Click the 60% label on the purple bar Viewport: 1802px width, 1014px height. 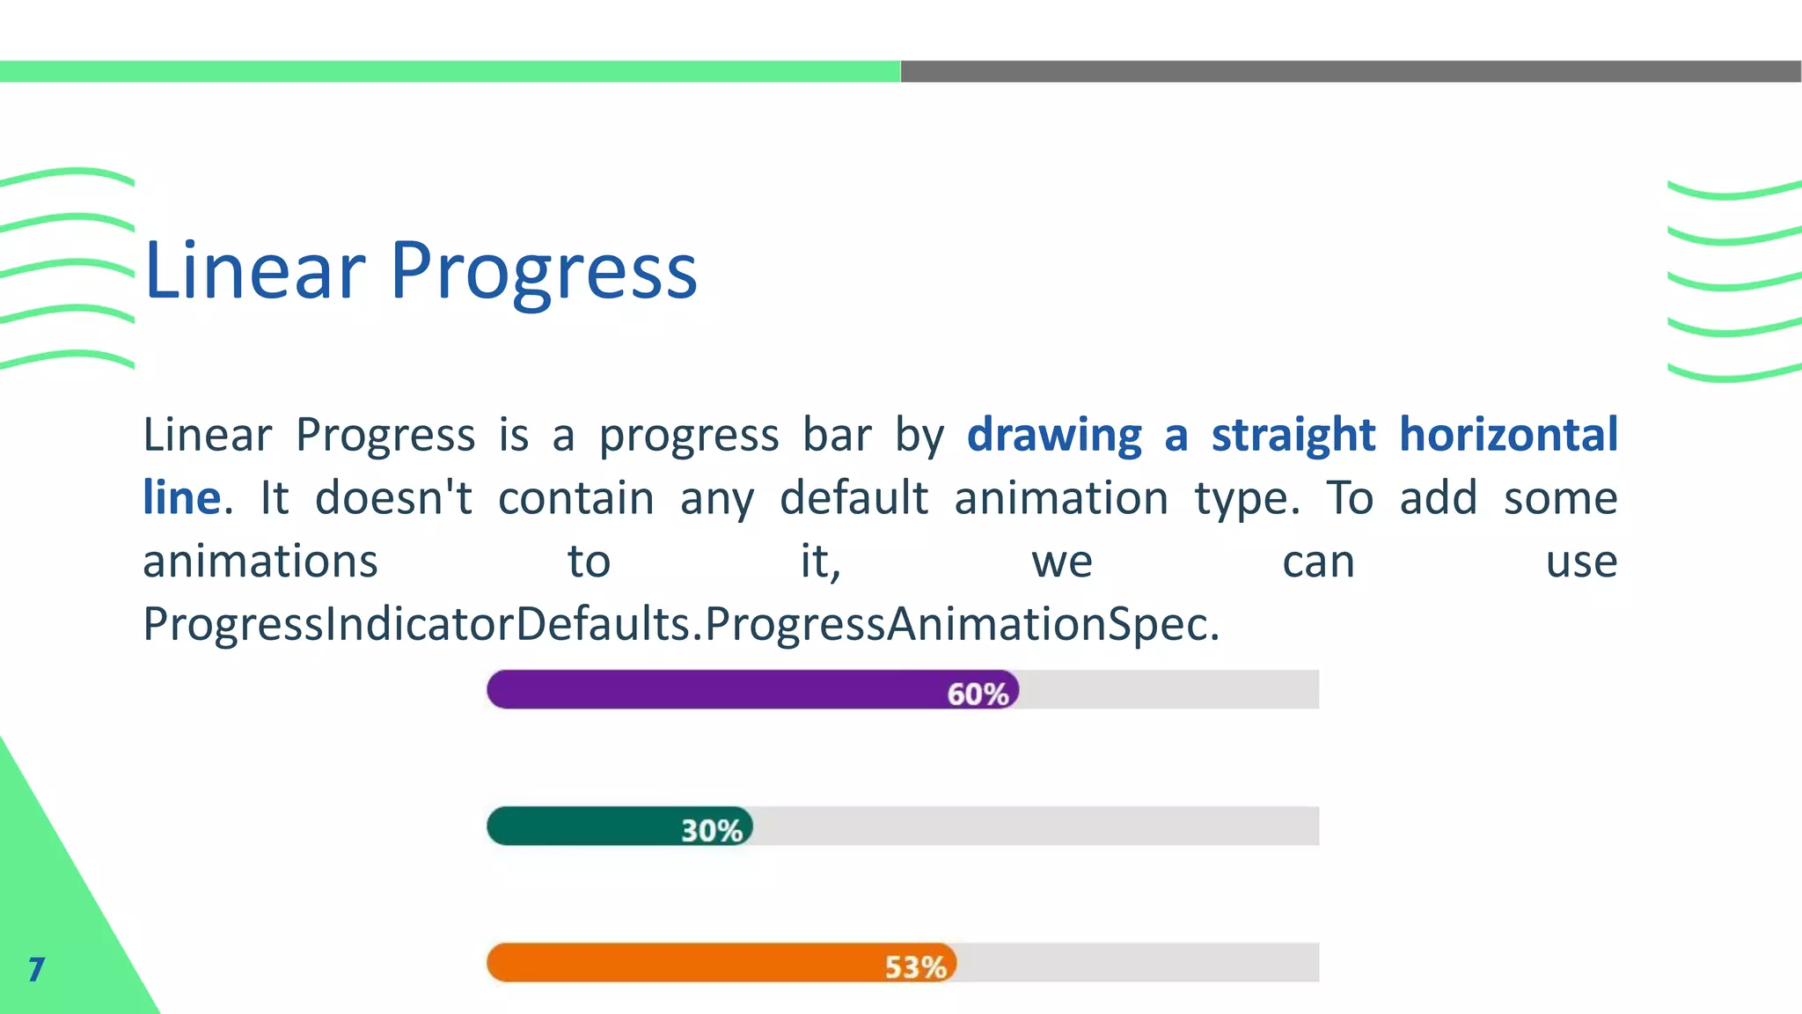pyautogui.click(x=977, y=694)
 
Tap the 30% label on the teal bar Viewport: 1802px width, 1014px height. pyautogui.click(x=711, y=830)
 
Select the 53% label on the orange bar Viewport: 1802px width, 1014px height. pyautogui.click(x=915, y=966)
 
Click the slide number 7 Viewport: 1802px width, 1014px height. pyautogui.click(x=36, y=969)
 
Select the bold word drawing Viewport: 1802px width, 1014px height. pyautogui.click(x=1054, y=436)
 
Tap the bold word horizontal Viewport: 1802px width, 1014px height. pyautogui.click(x=1507, y=434)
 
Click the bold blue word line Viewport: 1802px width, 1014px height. pyautogui.click(x=181, y=497)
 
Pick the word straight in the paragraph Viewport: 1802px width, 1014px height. pyautogui.click(x=1293, y=434)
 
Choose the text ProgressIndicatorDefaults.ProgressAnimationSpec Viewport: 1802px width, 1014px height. pyautogui.click(x=681, y=624)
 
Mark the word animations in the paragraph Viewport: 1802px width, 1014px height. pyautogui.click(x=260, y=562)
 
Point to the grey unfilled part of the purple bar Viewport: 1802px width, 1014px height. pyautogui.click(x=1170, y=689)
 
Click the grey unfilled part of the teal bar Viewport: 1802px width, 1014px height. pyautogui.click(x=1038, y=826)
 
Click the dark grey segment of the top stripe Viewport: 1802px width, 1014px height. pyautogui.click(x=1351, y=71)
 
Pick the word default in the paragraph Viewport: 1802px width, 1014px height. pyautogui.click(x=853, y=498)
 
